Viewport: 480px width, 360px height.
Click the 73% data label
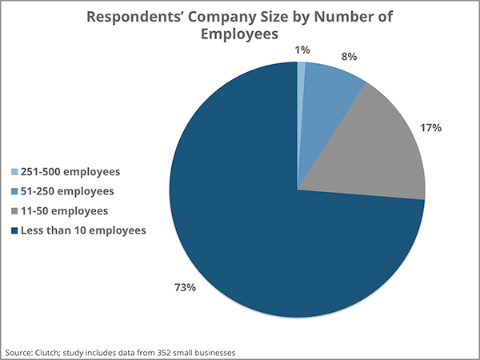coord(186,287)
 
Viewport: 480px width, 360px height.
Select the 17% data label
coord(431,128)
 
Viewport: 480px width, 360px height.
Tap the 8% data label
coord(348,58)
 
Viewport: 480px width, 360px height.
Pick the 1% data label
coord(303,50)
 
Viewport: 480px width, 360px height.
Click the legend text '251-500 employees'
coord(70,172)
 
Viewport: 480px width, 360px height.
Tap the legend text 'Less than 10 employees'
coord(83,230)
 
